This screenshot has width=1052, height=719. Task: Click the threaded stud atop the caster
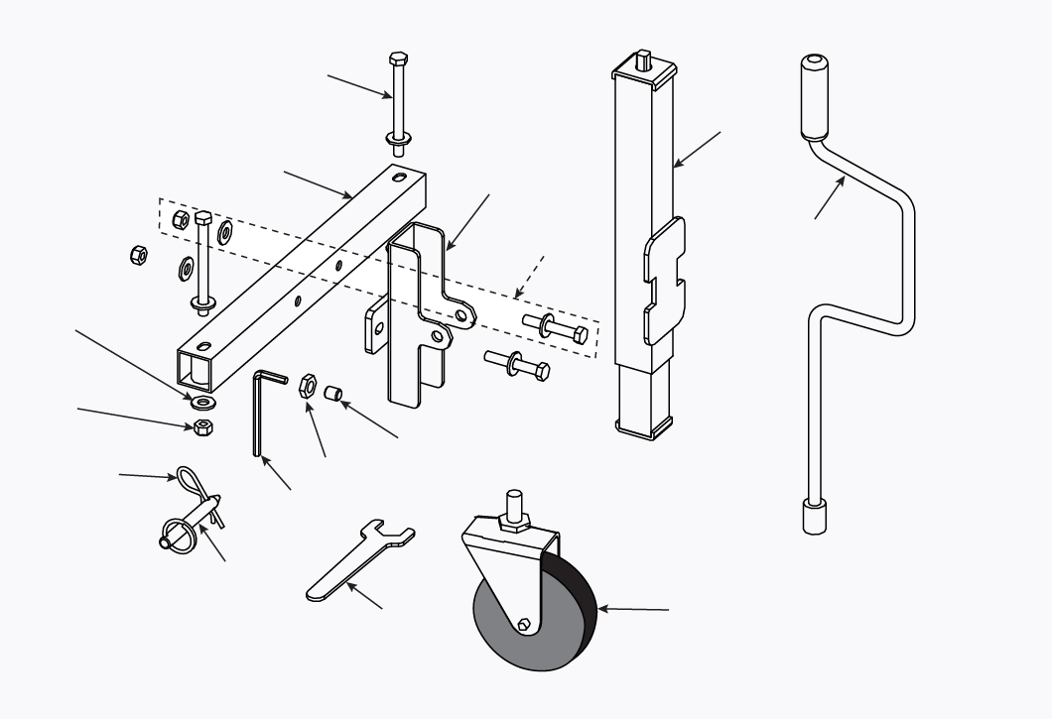coord(515,505)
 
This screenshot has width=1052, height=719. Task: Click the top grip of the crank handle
coord(814,97)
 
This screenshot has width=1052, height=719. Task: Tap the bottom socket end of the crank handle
coord(814,517)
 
